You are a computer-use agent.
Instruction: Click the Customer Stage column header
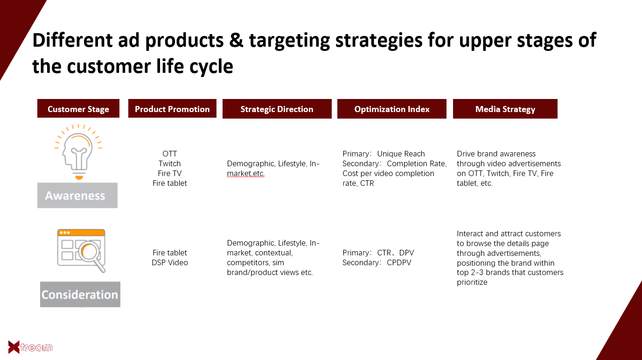pos(78,109)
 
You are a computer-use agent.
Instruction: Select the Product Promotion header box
pos(172,109)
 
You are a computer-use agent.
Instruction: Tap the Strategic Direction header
pos(277,109)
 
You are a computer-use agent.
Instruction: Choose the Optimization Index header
pos(392,109)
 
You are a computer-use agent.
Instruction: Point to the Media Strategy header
pos(505,109)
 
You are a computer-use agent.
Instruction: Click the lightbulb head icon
pos(78,152)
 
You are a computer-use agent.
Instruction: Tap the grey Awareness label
pos(77,195)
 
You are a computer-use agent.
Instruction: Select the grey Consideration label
pos(80,294)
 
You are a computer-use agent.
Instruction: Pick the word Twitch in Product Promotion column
pos(170,163)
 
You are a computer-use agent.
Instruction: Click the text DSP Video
pos(170,262)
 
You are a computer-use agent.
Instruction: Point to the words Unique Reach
pos(401,154)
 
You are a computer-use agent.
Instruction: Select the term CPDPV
pos(399,262)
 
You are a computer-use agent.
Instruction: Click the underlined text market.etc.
pos(245,174)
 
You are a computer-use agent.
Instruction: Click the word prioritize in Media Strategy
pos(472,282)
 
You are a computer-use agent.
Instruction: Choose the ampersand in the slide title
pos(236,40)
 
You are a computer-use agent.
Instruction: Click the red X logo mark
pos(14,347)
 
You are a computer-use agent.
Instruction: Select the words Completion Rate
pos(416,163)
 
